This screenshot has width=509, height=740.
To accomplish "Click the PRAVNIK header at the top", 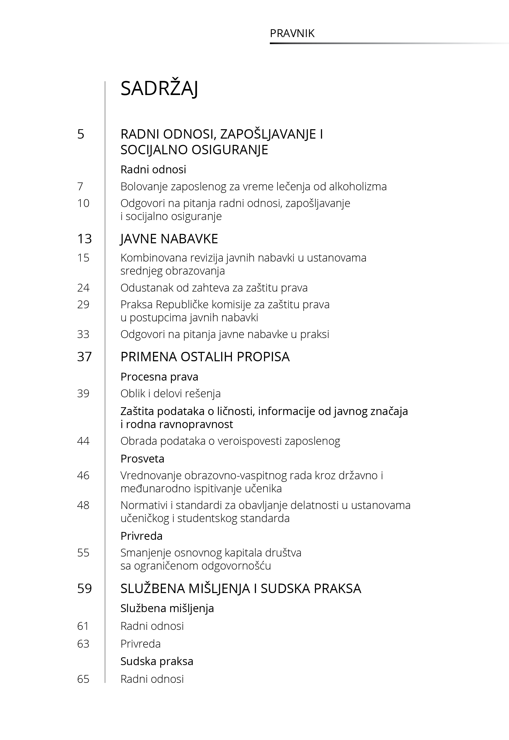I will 292,33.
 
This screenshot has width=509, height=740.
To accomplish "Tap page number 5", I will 81,134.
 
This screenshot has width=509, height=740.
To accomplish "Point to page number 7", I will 80,186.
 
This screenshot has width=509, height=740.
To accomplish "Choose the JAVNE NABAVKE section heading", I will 169,239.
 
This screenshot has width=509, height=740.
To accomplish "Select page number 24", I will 83,288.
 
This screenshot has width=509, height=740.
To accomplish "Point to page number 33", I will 83,334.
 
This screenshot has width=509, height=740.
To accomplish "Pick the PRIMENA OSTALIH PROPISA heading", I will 205,357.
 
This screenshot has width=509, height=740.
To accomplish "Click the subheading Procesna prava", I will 159,377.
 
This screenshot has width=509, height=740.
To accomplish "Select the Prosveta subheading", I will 142,459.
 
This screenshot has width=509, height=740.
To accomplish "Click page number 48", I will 83,505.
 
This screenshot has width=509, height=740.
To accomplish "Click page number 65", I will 83,679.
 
